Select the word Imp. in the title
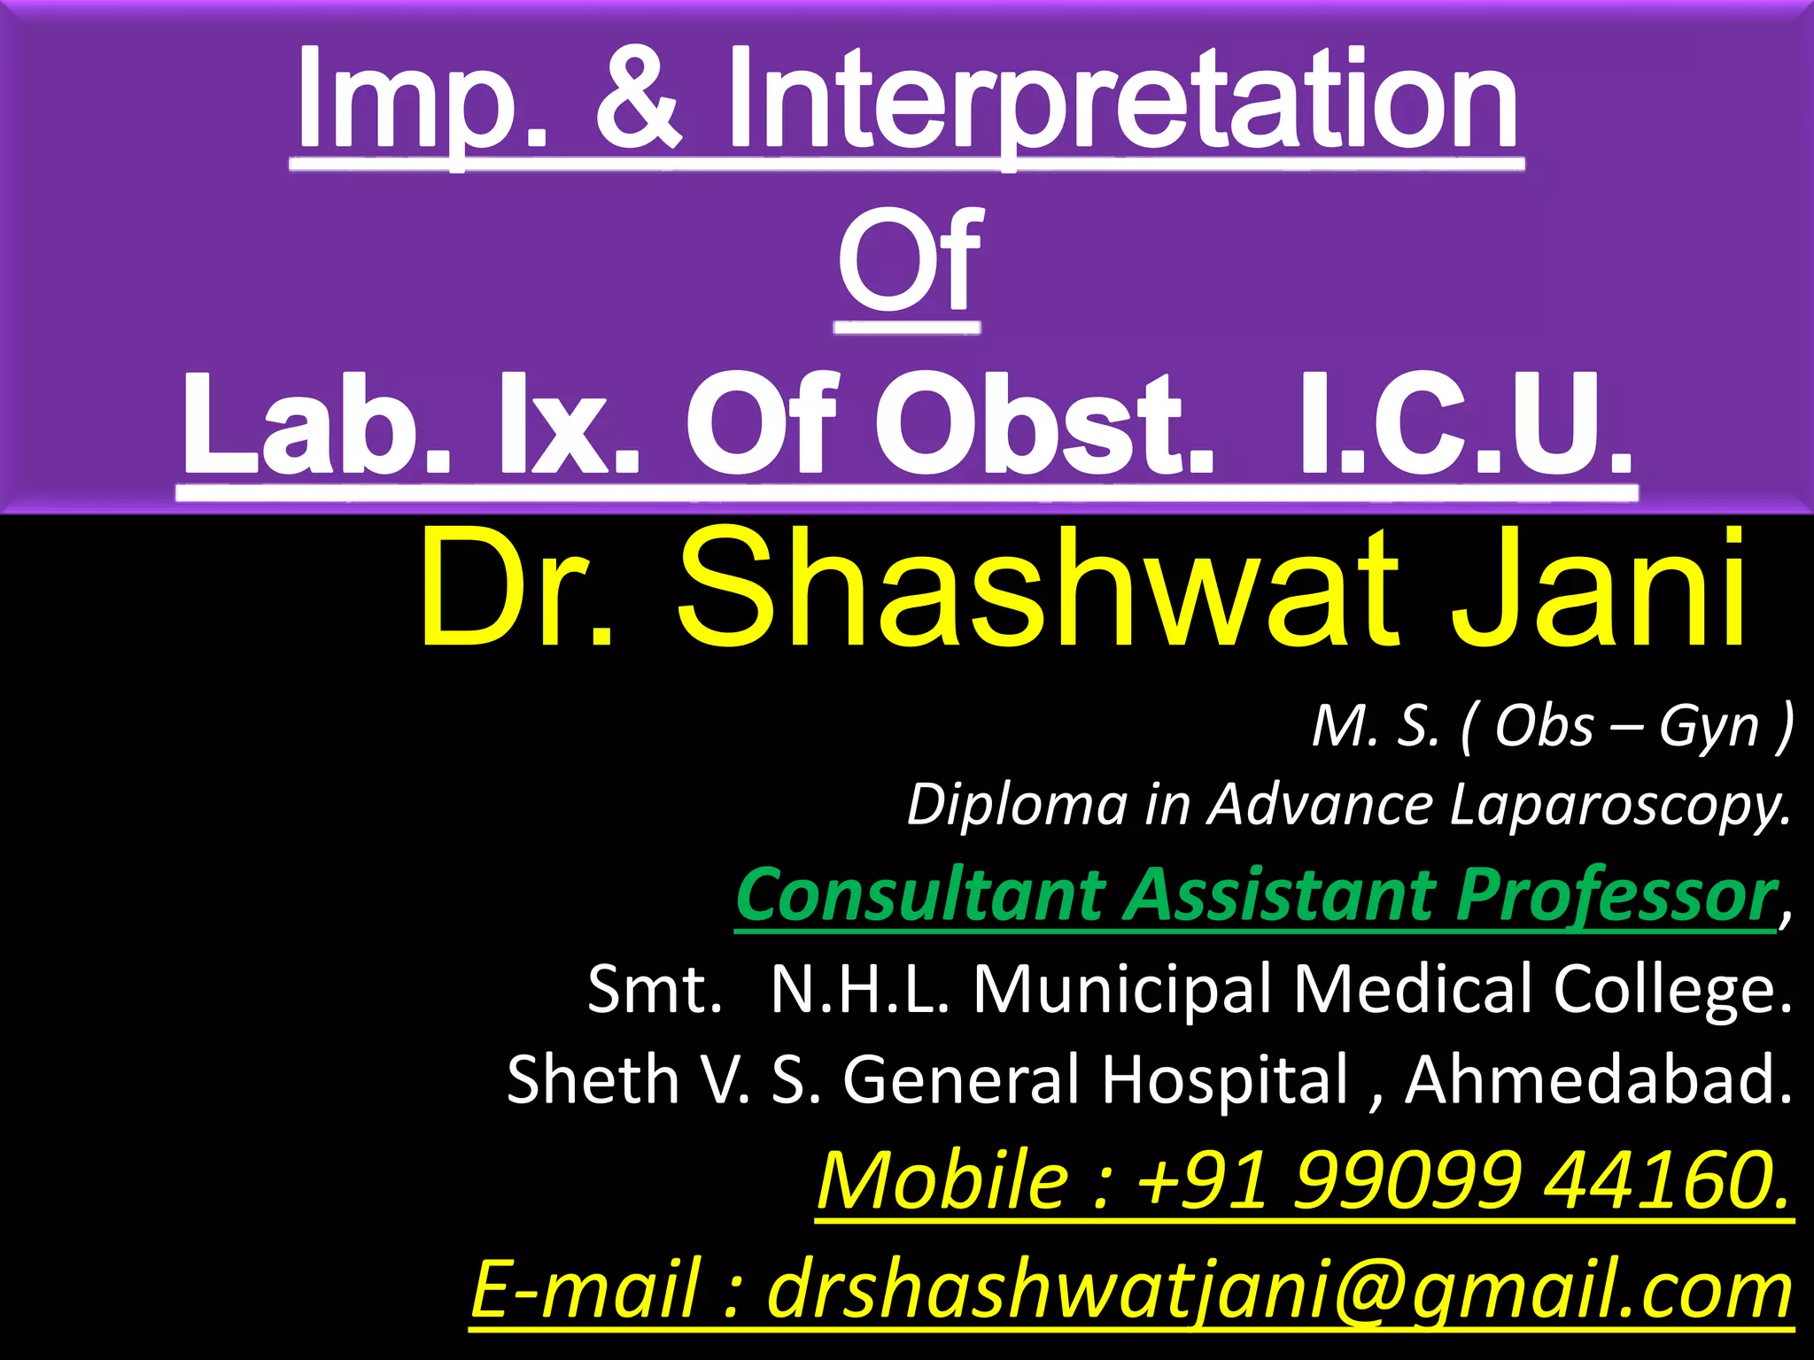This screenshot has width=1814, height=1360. pyautogui.click(x=422, y=99)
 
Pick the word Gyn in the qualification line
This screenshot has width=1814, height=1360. pyautogui.click(x=1709, y=728)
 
